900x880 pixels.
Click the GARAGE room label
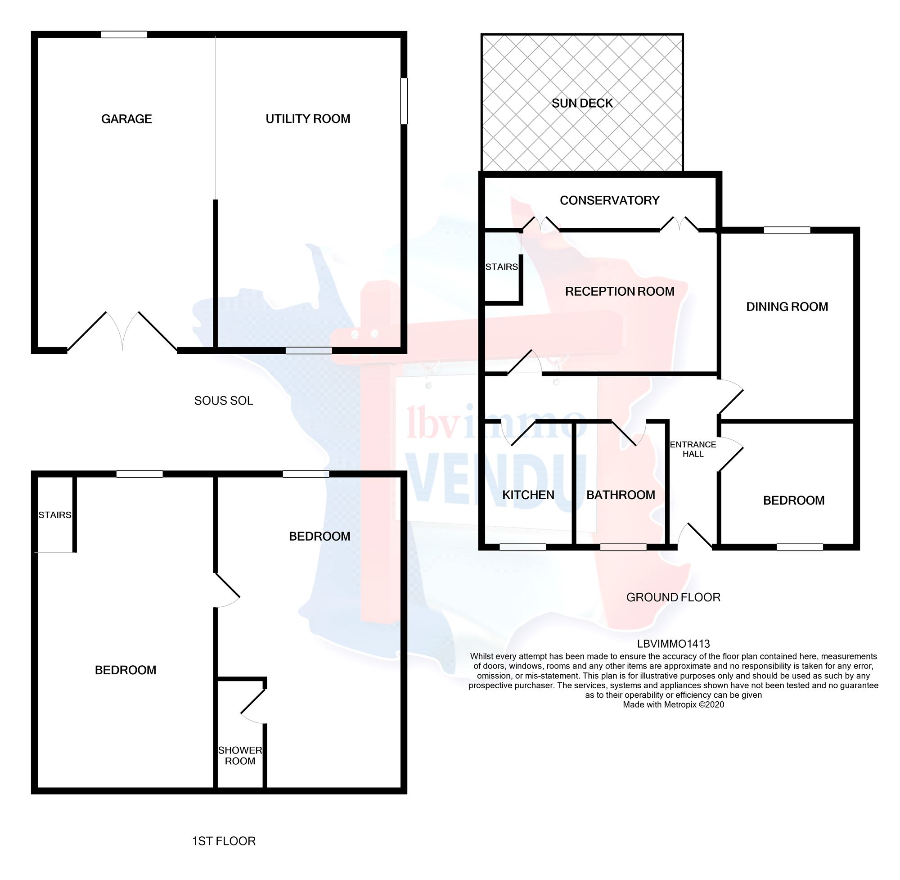126,119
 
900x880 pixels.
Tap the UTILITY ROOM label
308,119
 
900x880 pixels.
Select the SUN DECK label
582,103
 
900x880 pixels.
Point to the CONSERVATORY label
609,200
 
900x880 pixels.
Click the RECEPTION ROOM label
619,291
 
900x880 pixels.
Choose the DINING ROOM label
786,307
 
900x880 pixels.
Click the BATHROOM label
620,495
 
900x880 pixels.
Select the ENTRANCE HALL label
693,449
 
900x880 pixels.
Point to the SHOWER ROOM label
240,756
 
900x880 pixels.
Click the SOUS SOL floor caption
224,400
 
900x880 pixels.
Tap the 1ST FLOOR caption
224,841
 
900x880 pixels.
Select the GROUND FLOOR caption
673,597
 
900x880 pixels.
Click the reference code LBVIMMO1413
673,643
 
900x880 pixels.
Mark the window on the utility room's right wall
403,101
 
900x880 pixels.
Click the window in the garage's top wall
124,34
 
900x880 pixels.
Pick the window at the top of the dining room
786,230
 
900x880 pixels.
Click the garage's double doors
122,330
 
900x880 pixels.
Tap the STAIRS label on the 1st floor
54,515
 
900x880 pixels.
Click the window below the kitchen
522,547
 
